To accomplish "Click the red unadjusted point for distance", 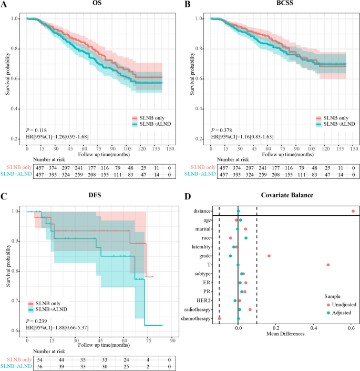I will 353,211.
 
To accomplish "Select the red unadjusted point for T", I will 328,265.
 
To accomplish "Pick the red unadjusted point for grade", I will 269,256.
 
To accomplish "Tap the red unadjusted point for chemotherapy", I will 219,318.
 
